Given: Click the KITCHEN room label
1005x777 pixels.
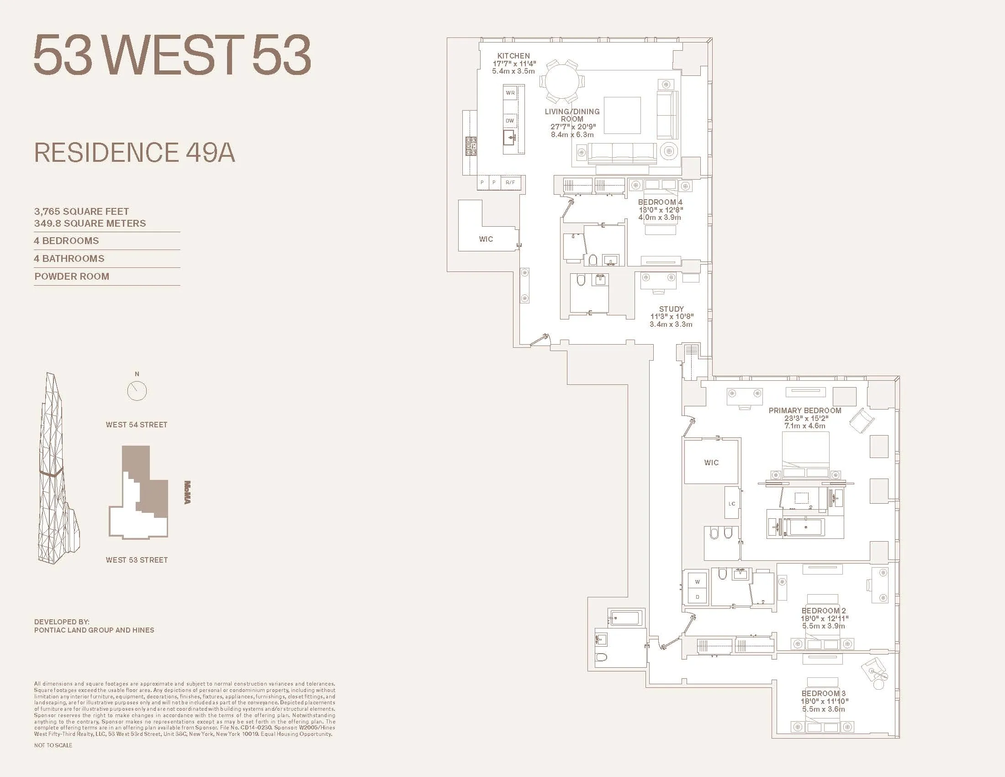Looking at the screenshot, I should pos(513,56).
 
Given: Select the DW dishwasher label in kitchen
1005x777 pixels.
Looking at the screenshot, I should pos(510,121).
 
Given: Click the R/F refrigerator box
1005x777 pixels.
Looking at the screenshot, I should pos(510,182).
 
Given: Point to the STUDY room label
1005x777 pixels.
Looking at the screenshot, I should pos(672,309).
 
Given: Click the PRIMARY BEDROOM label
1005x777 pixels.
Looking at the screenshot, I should pos(805,410).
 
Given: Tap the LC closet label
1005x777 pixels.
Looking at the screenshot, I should pos(732,504).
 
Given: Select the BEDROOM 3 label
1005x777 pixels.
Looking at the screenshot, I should pos(824,693).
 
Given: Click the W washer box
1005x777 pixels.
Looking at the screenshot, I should pos(698,582).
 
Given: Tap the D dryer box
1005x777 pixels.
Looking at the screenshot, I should pos(698,597).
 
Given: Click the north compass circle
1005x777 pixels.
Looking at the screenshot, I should pos(137,391).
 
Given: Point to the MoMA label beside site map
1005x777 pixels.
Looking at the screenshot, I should pos(187,493).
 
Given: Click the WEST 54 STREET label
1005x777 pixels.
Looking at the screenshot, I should pos(137,425).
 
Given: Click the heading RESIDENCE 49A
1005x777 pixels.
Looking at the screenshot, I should pos(134,153).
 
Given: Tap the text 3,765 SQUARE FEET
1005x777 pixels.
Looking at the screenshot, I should pos(81,211).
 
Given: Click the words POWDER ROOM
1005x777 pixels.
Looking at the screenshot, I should pos(72,277).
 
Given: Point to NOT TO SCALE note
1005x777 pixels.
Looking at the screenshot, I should pos(53,745).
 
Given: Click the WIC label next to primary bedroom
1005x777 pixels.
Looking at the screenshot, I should pos(711,463).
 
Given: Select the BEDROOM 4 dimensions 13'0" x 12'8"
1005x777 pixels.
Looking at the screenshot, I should pos(661,210).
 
